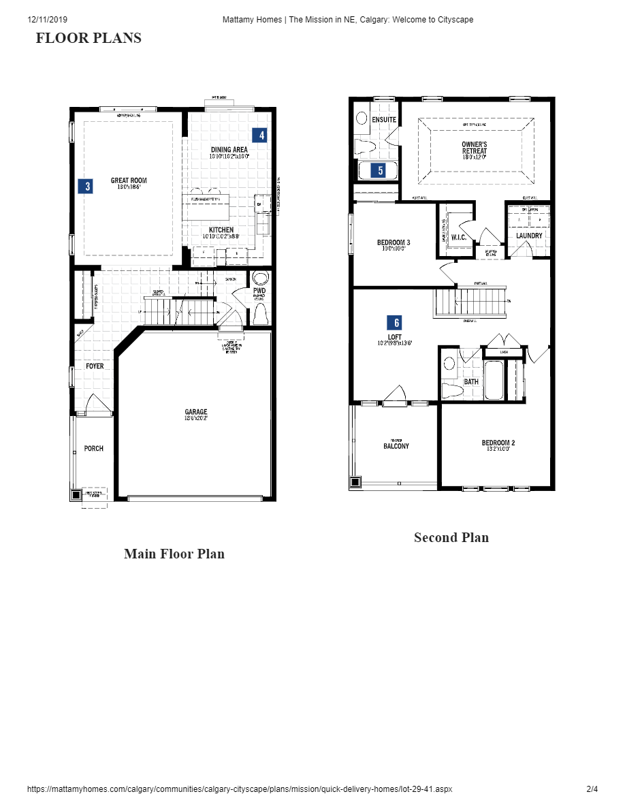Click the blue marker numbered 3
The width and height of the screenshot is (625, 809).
point(85,186)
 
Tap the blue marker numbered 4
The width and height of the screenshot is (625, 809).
point(259,135)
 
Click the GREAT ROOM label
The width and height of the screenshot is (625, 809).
point(129,180)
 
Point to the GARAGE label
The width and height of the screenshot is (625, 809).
point(196,412)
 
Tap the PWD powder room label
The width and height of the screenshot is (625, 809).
point(259,291)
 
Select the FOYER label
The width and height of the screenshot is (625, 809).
point(95,366)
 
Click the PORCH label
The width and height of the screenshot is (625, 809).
point(94,448)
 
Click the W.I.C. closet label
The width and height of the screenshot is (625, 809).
point(458,237)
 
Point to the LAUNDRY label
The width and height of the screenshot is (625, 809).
point(529,236)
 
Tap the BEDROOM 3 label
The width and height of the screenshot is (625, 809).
point(394,242)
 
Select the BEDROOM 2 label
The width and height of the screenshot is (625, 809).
point(498,443)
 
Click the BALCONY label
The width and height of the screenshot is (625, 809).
point(396,446)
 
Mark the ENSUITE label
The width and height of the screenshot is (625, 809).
point(384,120)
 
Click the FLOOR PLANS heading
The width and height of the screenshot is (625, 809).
point(89,38)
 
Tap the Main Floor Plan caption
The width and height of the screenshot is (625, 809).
point(174,554)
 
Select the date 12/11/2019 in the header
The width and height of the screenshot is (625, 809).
point(48,20)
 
